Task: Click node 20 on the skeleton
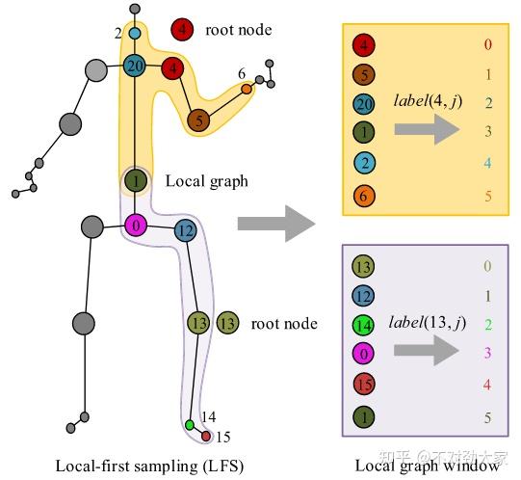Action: [x=135, y=66]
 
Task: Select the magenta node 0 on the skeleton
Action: [x=136, y=226]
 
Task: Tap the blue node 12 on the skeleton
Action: [x=185, y=230]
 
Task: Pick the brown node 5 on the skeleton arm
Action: [x=198, y=120]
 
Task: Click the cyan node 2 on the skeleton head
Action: [x=135, y=34]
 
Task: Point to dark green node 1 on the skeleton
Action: [x=135, y=180]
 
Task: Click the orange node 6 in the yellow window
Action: [x=363, y=196]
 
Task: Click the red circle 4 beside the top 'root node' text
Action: [x=183, y=30]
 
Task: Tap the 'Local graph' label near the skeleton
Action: [x=206, y=180]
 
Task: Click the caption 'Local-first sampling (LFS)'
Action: [x=149, y=466]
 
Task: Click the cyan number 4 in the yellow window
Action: [x=487, y=164]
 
